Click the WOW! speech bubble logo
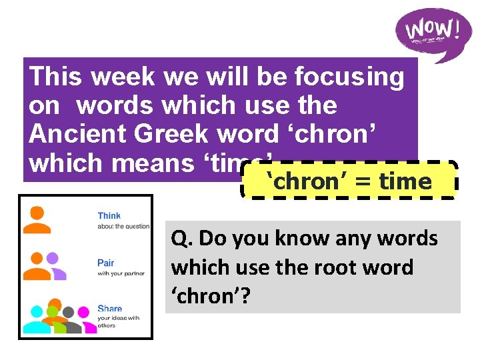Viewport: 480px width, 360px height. click(432, 33)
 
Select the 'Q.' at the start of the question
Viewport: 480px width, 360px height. click(182, 238)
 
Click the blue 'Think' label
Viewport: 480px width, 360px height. click(109, 215)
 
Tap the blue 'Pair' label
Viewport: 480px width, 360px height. click(105, 263)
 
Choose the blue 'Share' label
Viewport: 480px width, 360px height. click(109, 309)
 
